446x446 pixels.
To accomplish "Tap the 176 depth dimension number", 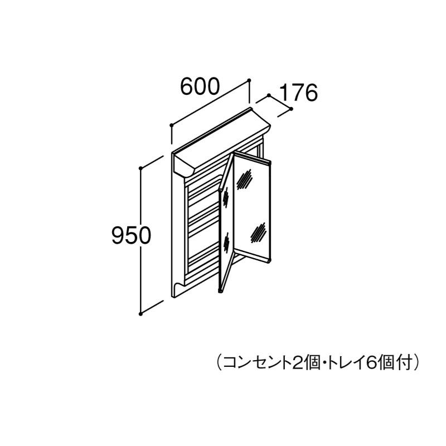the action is [297, 93].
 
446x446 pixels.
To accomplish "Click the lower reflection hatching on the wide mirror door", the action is [258, 231].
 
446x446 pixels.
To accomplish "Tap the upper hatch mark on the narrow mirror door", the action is [226, 196].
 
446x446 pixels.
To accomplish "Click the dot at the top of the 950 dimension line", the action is [142, 167].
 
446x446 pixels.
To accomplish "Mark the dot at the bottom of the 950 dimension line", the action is [142, 313].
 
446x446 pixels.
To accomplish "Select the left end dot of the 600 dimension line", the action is [171, 125].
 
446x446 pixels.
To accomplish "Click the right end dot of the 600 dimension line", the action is [249, 80].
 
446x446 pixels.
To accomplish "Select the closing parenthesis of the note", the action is [415, 363].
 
